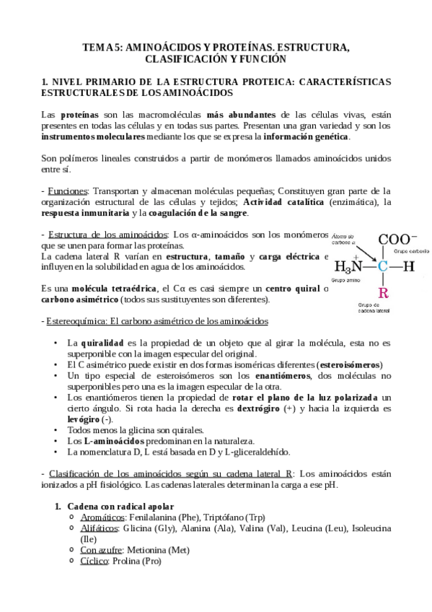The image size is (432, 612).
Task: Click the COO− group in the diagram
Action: [x=397, y=240]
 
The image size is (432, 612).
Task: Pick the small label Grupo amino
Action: [x=344, y=279]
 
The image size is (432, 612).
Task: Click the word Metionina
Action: [x=156, y=550]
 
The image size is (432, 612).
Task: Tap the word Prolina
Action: [x=126, y=561]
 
